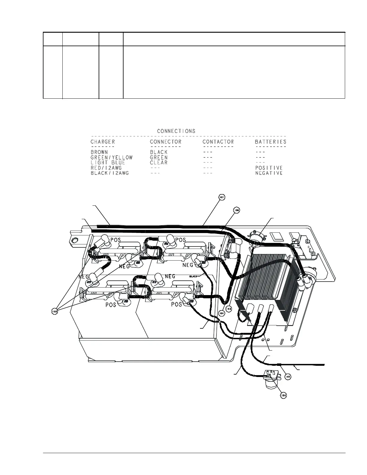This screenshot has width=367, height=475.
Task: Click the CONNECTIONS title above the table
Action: point(176,131)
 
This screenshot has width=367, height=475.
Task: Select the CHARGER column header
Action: point(103,142)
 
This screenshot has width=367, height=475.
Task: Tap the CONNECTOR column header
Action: point(166,142)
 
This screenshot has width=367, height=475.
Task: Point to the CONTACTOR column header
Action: point(218,142)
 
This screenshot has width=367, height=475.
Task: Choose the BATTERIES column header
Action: point(270,142)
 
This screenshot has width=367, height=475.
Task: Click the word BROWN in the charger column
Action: point(99,152)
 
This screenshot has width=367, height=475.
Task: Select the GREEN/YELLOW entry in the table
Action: point(111,157)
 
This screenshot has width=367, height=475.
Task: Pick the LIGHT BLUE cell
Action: point(108,163)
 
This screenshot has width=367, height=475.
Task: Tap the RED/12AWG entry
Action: point(106,168)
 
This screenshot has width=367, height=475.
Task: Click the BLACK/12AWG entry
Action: point(109,173)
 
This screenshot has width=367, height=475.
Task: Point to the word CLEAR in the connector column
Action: point(159,163)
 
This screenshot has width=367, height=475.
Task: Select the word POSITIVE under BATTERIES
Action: point(269,168)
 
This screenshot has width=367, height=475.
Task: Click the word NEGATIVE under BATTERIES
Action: point(269,173)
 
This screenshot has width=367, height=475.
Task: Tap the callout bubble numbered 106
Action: point(237,211)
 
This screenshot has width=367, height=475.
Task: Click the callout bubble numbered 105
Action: point(288,377)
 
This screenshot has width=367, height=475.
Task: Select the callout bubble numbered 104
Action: point(283,396)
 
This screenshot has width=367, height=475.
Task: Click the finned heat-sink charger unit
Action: point(264,279)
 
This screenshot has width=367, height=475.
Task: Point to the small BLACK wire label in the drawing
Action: point(193,276)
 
